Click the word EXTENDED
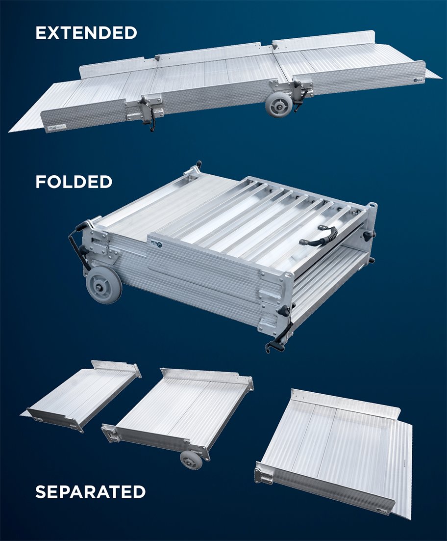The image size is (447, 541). click(86, 33)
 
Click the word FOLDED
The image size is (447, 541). click(74, 182)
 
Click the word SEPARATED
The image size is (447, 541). click(90, 491)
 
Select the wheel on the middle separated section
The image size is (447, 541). click(191, 460)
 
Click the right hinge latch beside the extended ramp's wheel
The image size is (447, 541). click(298, 90)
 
